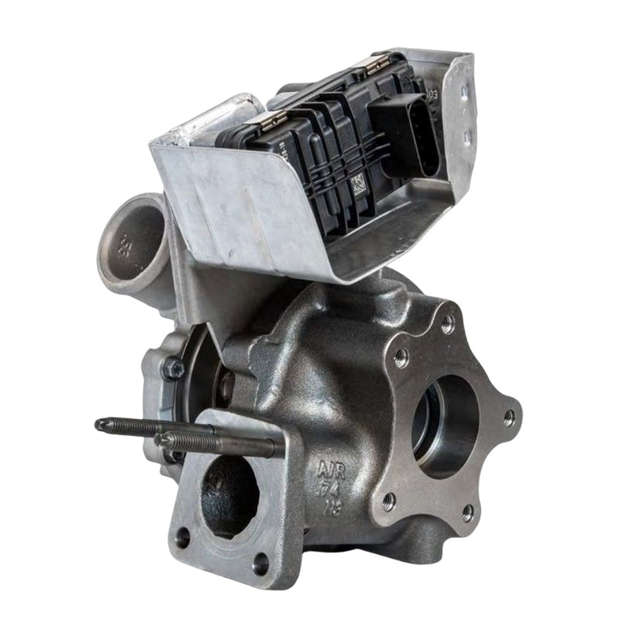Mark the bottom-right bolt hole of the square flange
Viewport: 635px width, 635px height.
(x=260, y=564)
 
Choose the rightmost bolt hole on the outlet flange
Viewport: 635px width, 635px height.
(x=509, y=418)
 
